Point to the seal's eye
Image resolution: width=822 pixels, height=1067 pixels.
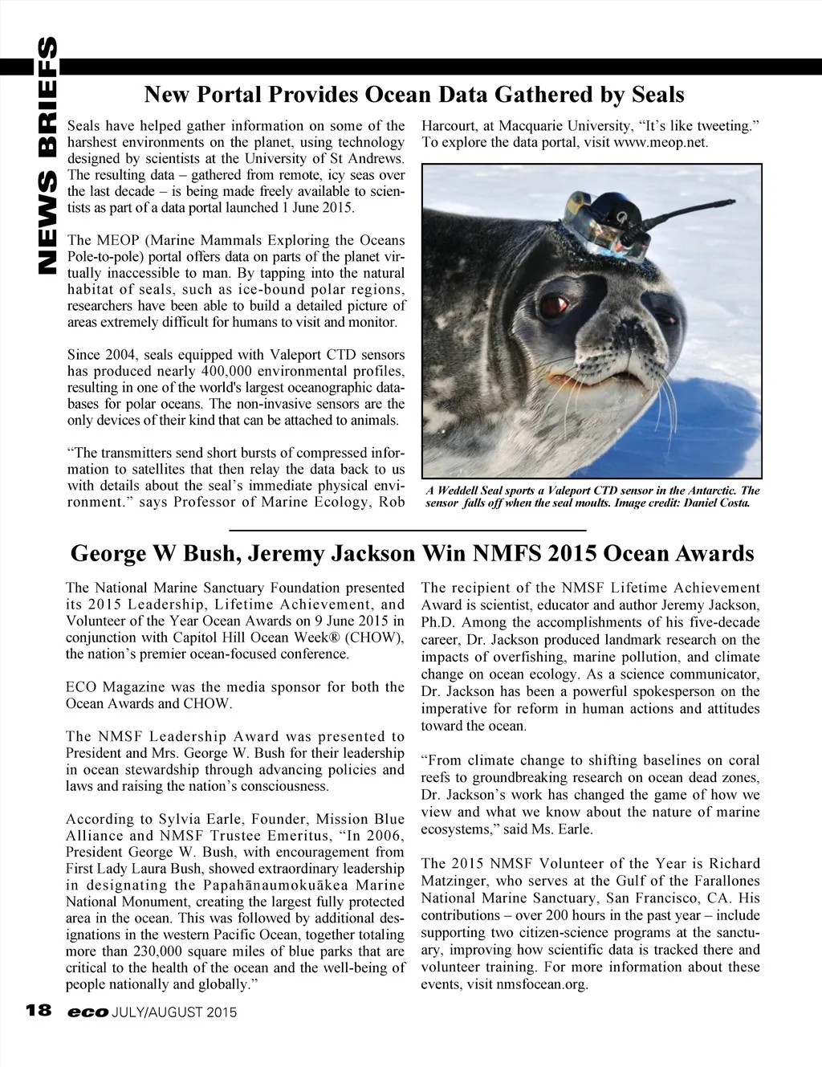point(551,306)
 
